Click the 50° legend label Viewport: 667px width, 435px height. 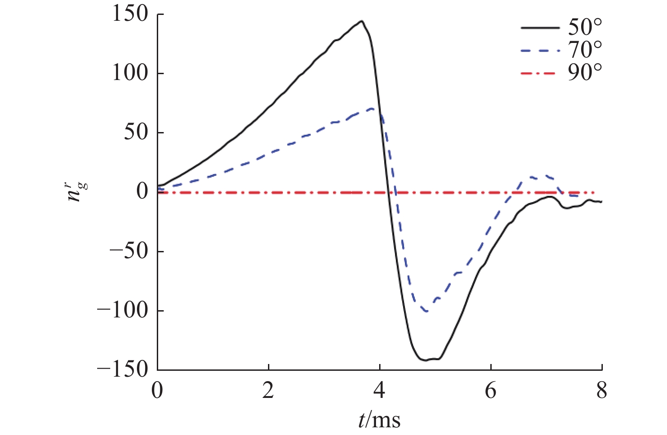click(x=585, y=28)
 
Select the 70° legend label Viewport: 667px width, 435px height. click(x=585, y=50)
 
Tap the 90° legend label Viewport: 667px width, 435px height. click(x=585, y=72)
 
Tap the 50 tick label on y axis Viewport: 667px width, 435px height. click(x=136, y=132)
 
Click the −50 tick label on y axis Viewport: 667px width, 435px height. click(x=129, y=251)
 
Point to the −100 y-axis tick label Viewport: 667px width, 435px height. click(x=123, y=310)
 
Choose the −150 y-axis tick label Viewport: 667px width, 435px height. click(x=123, y=369)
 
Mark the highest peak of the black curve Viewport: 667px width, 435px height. click(x=362, y=21)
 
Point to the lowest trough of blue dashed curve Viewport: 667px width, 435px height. click(x=426, y=311)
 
